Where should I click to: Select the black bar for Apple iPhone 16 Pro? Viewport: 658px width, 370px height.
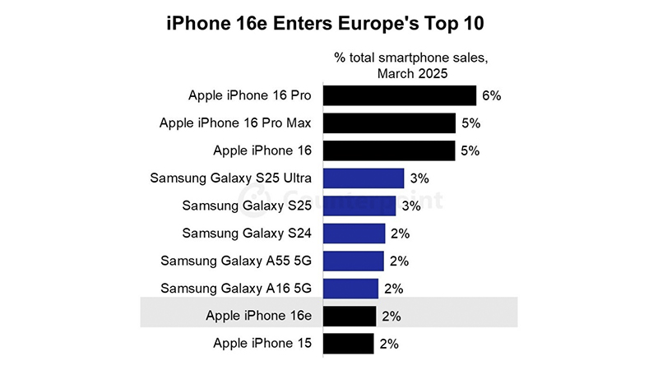tap(400, 95)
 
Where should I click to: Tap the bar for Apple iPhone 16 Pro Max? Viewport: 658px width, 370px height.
tap(390, 123)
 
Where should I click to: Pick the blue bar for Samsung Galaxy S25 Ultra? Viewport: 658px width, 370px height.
tap(364, 178)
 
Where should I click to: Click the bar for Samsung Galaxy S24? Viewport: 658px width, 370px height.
tap(354, 234)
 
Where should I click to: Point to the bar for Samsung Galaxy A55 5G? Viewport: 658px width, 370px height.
tap(354, 261)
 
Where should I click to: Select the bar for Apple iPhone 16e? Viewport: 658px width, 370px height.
tap(350, 316)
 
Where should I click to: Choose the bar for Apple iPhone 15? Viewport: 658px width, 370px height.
tap(349, 344)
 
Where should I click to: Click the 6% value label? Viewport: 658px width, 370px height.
tap(492, 95)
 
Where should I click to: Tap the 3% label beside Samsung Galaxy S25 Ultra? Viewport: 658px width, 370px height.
tap(419, 178)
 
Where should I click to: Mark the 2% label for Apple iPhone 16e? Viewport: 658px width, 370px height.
tap(392, 317)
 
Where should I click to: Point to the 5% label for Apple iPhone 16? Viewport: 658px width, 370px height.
tap(470, 151)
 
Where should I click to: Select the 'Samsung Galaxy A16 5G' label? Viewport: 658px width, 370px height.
tap(236, 289)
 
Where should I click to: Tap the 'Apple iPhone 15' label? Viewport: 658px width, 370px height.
tap(262, 344)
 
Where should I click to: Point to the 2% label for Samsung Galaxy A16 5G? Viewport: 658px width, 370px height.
tap(394, 289)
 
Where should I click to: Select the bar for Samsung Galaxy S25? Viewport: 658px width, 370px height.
tap(359, 206)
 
